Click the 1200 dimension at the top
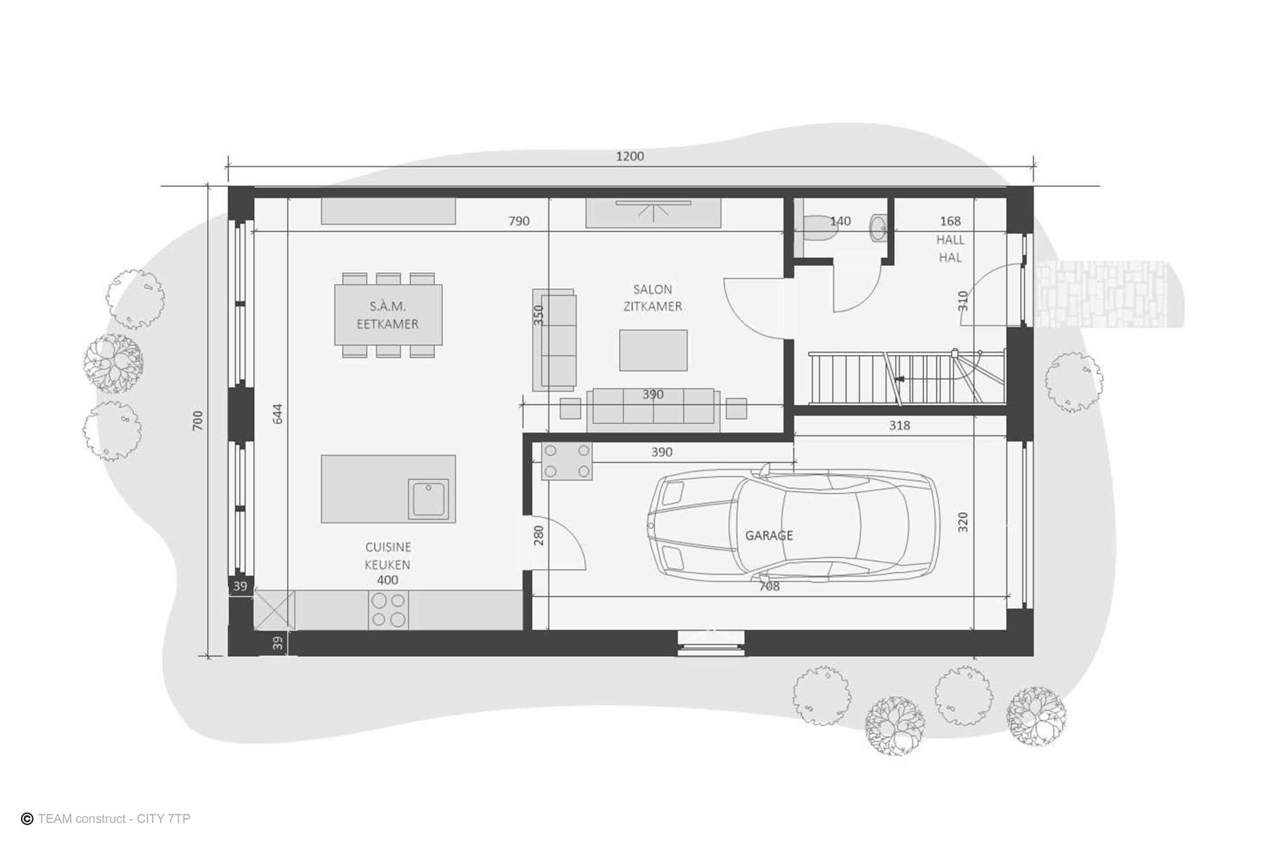[630, 157]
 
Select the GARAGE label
[769, 535]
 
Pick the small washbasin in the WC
[878, 228]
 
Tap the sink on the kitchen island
[428, 499]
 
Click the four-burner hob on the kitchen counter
[388, 610]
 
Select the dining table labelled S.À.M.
[388, 315]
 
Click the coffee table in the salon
[653, 350]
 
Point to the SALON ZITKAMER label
[653, 298]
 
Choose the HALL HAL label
[950, 248]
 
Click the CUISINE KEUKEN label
[388, 556]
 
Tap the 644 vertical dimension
[278, 413]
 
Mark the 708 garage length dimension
[769, 587]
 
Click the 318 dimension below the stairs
[899, 425]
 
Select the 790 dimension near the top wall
[519, 221]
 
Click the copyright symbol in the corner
[27, 818]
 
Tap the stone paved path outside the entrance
[1105, 295]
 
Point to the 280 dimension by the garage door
[539, 535]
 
